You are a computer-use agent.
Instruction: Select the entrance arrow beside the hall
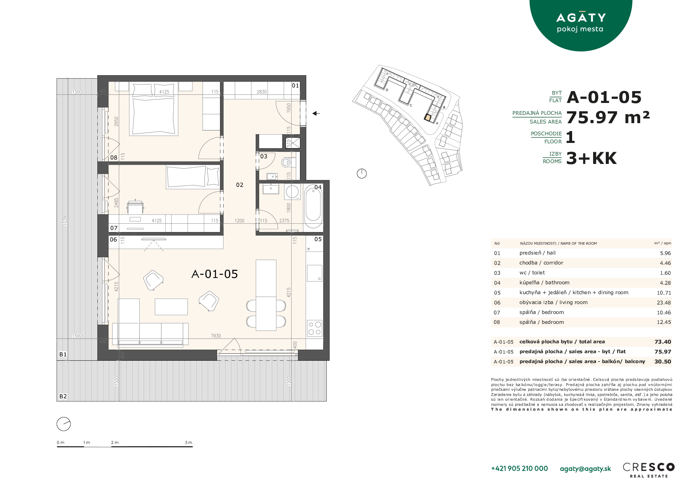(316, 113)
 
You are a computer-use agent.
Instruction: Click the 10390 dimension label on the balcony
(65, 220)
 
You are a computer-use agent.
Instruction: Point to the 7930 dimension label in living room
(216, 336)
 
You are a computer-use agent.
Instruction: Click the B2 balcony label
(63, 396)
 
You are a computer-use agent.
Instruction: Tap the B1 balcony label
(63, 354)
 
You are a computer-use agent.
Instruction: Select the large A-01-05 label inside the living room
(214, 274)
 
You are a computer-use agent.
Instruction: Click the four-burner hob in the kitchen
(315, 328)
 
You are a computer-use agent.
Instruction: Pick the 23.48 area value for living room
(664, 303)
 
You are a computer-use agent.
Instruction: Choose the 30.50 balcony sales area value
(663, 362)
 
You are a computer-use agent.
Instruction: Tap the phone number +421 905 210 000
(519, 468)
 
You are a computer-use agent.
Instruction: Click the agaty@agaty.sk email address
(585, 469)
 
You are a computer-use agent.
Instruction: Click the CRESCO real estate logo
(648, 470)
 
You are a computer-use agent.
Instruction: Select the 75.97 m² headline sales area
(608, 118)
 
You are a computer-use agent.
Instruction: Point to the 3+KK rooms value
(591, 158)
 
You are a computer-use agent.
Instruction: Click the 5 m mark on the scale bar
(189, 443)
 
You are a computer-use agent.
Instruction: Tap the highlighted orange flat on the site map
(428, 118)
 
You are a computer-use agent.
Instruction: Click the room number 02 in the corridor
(240, 185)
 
